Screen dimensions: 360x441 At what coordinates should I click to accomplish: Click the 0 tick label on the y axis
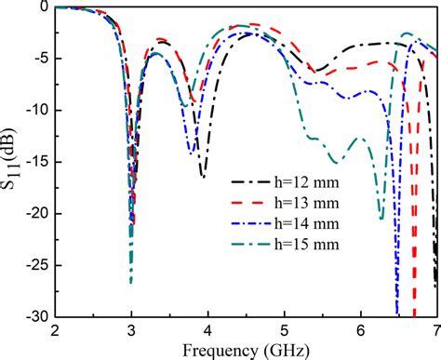43,7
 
